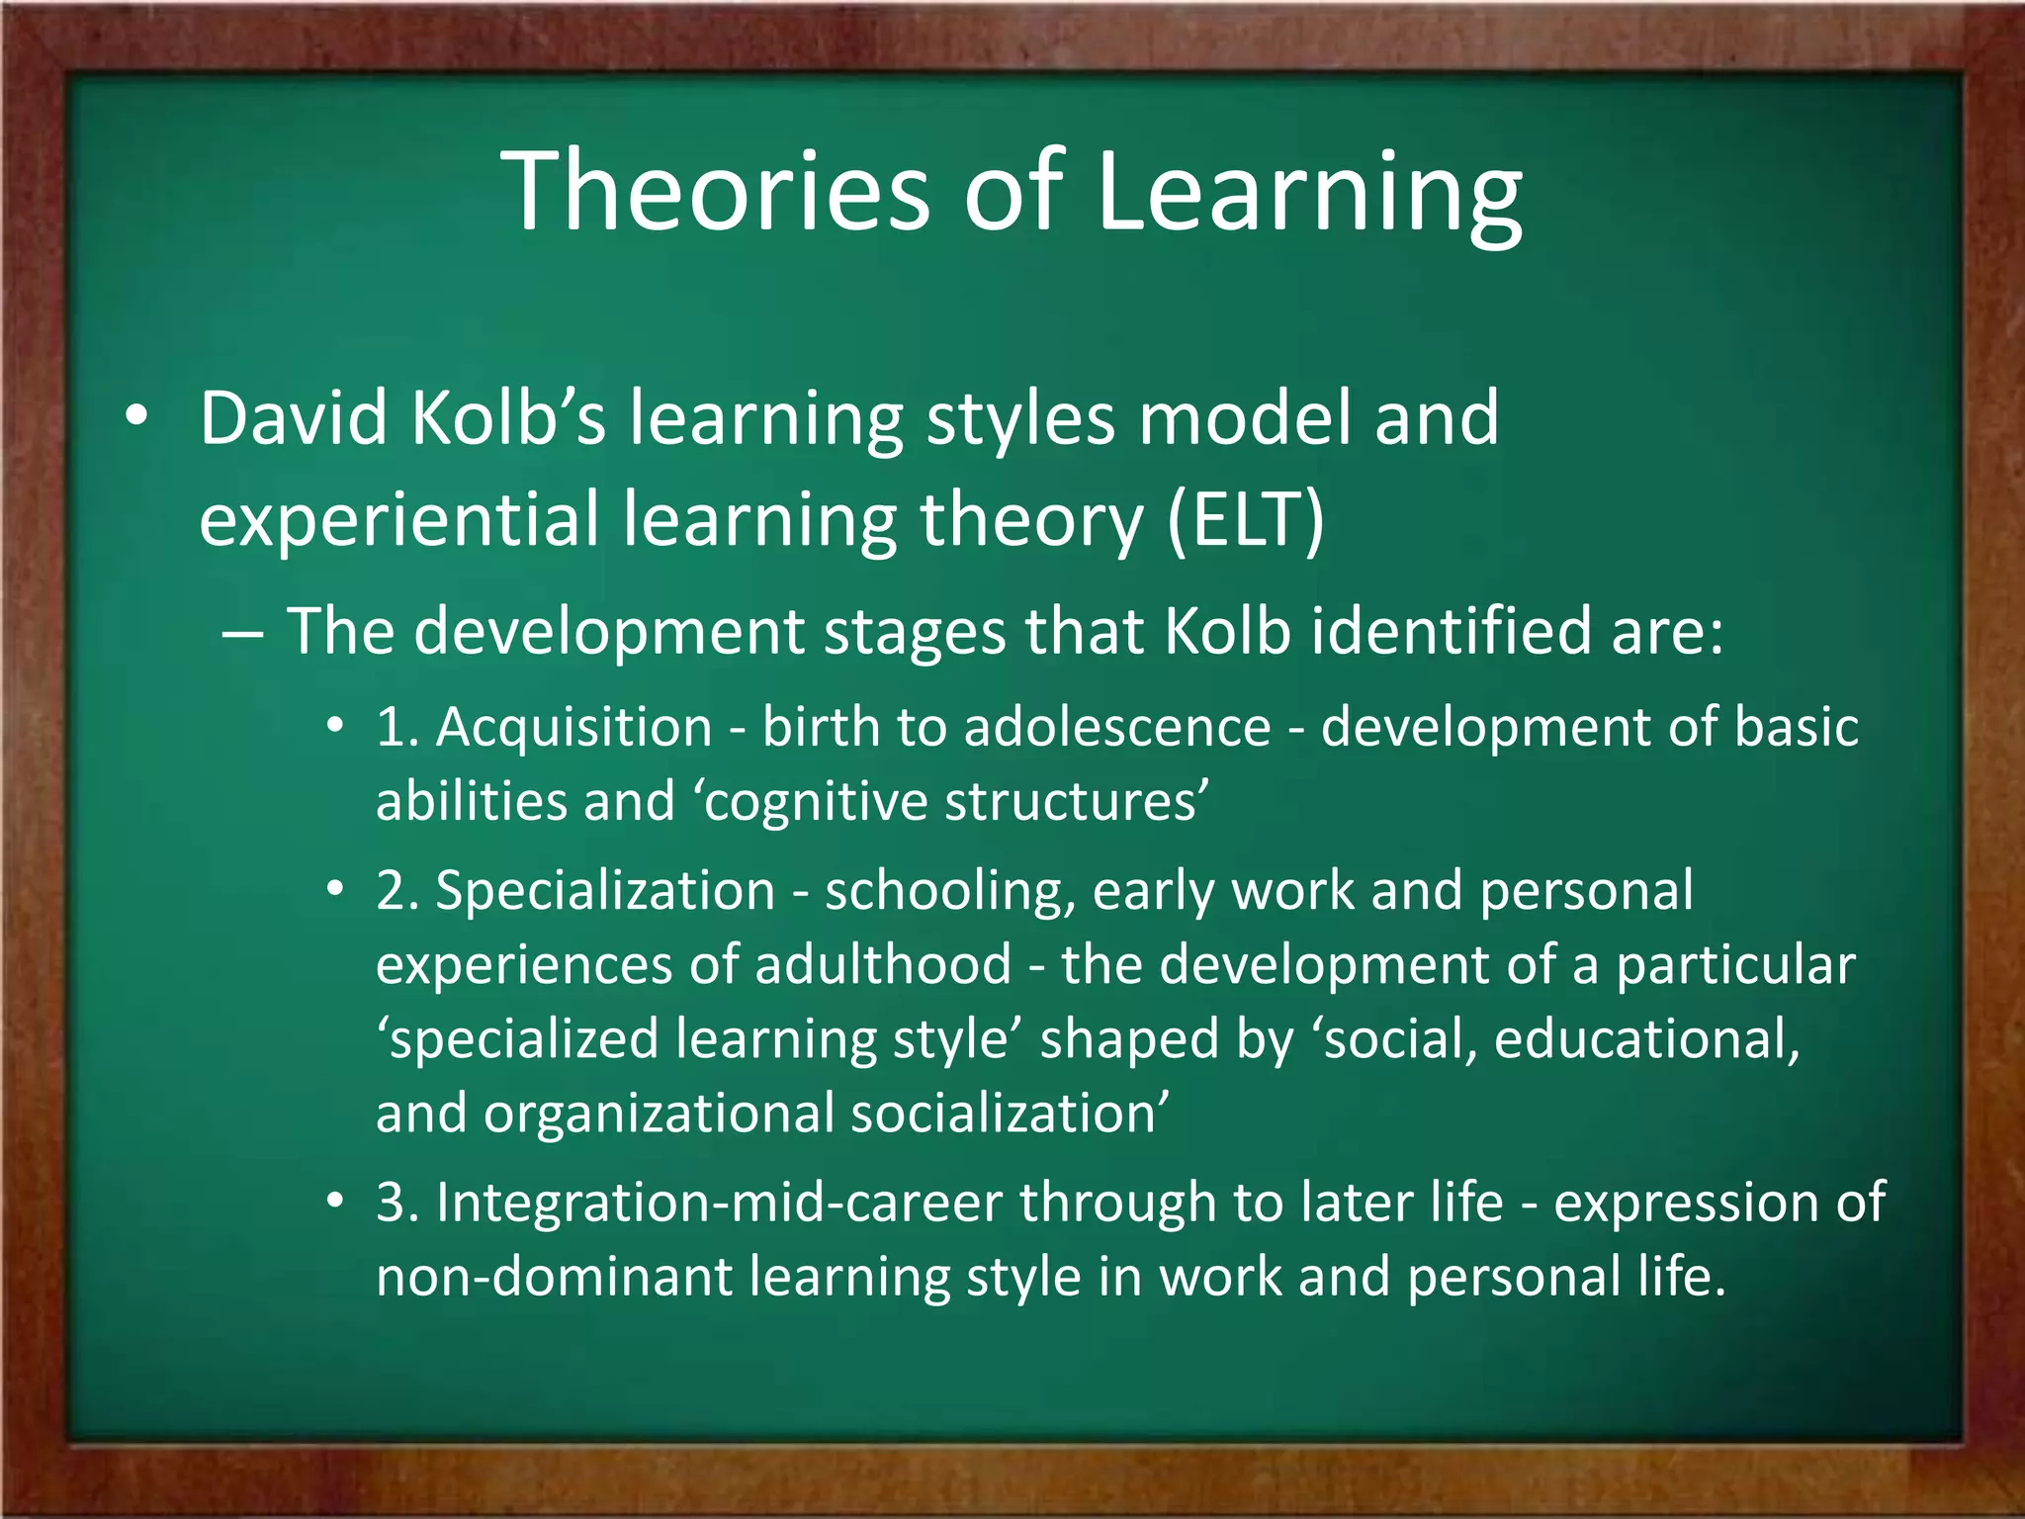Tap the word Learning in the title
(1308, 192)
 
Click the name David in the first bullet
(294, 418)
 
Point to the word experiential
(398, 520)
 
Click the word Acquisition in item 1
(573, 728)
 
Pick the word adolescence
(1117, 728)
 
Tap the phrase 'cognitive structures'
(955, 801)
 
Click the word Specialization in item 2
(605, 891)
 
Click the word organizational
(659, 1115)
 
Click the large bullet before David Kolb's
(136, 417)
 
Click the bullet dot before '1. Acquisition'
(336, 727)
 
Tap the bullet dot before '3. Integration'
(336, 1202)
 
